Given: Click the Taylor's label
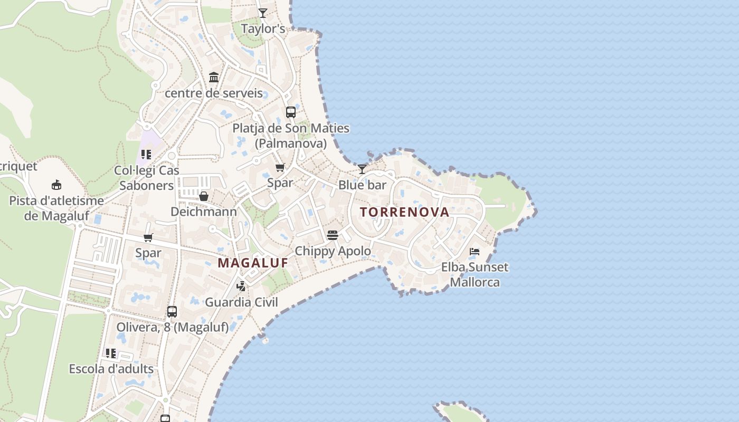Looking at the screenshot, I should pyautogui.click(x=263, y=28).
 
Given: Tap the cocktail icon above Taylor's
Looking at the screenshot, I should pyautogui.click(x=263, y=13).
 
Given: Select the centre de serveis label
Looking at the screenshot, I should pyautogui.click(x=214, y=93).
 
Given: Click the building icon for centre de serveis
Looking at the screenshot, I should pyautogui.click(x=214, y=78).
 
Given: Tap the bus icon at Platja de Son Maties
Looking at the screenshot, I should pyautogui.click(x=291, y=112).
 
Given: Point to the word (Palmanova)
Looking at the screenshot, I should pyautogui.click(x=291, y=143).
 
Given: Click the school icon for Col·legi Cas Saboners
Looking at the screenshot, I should pyautogui.click(x=146, y=155).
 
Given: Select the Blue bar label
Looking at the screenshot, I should pyautogui.click(x=362, y=185).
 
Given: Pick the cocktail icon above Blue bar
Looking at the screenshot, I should pyautogui.click(x=362, y=169).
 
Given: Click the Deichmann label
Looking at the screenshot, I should pyautogui.click(x=204, y=212).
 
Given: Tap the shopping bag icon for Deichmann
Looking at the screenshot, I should pyautogui.click(x=204, y=196).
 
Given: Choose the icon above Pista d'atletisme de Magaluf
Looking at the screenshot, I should pyautogui.click(x=56, y=185).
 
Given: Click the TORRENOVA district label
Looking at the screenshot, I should pyautogui.click(x=404, y=212).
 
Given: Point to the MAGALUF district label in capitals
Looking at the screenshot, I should pyautogui.click(x=253, y=263).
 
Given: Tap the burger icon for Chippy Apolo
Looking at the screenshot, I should pyautogui.click(x=333, y=235).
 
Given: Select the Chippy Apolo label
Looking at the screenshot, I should pyautogui.click(x=333, y=251).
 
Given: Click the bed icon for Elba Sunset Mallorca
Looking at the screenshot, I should pyautogui.click(x=475, y=252).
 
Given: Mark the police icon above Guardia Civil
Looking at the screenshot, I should pyautogui.click(x=241, y=286).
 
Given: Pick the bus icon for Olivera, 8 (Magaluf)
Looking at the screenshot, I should pyautogui.click(x=172, y=312).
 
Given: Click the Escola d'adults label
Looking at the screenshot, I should pyautogui.click(x=111, y=369).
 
